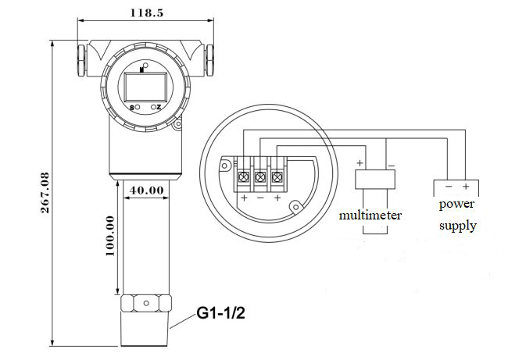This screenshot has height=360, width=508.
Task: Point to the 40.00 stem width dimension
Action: pyautogui.click(x=146, y=189)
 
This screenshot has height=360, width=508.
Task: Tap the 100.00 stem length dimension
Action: pyautogui.click(x=109, y=235)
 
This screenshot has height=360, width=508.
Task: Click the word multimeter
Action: pyautogui.click(x=370, y=214)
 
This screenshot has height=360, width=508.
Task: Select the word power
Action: pyautogui.click(x=457, y=205)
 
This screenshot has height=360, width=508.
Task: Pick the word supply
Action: pyautogui.click(x=457, y=226)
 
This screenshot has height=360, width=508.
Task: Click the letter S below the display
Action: pyautogui.click(x=134, y=107)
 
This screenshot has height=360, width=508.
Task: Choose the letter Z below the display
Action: pyautogui.click(x=158, y=107)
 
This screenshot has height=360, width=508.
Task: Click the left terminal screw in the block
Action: pyautogui.click(x=244, y=178)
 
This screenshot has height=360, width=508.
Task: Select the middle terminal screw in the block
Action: pyautogui.click(x=261, y=178)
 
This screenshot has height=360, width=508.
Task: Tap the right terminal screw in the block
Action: pyautogui.click(x=277, y=178)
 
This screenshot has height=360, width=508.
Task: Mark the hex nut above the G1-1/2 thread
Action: pyautogui.click(x=146, y=301)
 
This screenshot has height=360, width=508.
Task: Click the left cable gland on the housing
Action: pyautogui.click(x=80, y=58)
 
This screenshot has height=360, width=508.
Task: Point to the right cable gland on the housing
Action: pyautogui.click(x=210, y=58)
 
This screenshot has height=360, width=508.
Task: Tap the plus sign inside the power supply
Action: pyautogui.click(x=465, y=187)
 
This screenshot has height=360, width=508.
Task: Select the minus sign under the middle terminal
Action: pyautogui.click(x=260, y=198)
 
